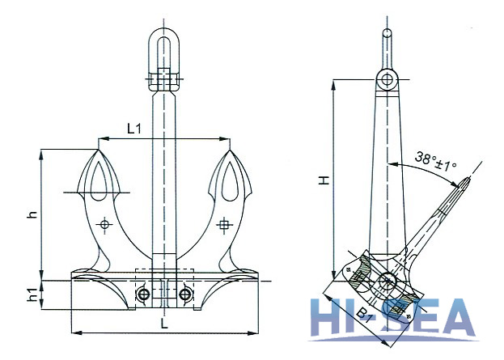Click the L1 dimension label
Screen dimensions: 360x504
pyautogui.click(x=135, y=127)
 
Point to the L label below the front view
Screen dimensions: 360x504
pyautogui.click(x=164, y=324)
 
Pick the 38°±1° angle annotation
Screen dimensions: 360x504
pyautogui.click(x=434, y=159)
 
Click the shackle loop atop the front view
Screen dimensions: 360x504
pyautogui.click(x=164, y=50)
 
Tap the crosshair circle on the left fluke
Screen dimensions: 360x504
pyautogui.click(x=103, y=223)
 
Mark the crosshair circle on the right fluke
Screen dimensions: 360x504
pyautogui.click(x=224, y=223)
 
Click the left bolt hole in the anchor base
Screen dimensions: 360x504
pyautogui.click(x=143, y=294)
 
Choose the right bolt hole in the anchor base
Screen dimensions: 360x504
pyautogui.click(x=186, y=294)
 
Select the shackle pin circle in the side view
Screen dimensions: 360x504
pyautogui.click(x=388, y=80)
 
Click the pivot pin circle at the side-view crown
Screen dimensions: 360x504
pyautogui.click(x=388, y=283)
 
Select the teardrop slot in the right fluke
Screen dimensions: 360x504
pyautogui.click(x=228, y=180)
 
